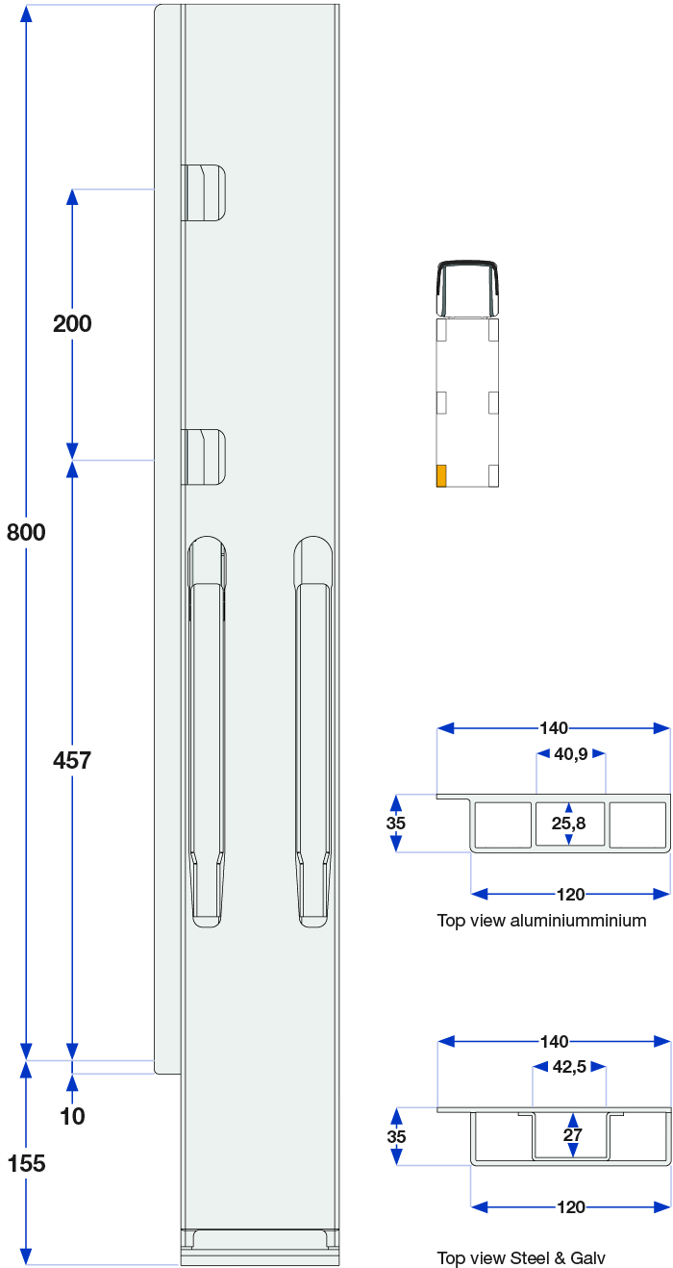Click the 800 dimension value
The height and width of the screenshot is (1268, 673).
tap(26, 533)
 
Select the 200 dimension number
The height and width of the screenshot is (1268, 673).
tap(72, 324)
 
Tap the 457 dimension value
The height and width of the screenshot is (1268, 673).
tap(72, 760)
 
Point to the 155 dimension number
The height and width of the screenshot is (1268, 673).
tap(26, 1164)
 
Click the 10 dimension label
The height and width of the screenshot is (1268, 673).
tap(72, 1116)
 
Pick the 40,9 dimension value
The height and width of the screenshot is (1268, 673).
tap(571, 754)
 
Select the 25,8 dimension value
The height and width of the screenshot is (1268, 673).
tap(568, 824)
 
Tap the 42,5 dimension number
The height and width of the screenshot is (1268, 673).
tap(569, 1067)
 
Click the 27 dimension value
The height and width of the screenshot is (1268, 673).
tap(572, 1135)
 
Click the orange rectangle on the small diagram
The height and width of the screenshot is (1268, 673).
tap(441, 475)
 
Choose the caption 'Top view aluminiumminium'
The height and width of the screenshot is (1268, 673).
tap(541, 921)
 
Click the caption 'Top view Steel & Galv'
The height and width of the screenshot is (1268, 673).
tap(521, 1257)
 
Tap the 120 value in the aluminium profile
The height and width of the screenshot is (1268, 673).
tap(570, 895)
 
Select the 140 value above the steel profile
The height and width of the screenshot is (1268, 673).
tap(554, 1042)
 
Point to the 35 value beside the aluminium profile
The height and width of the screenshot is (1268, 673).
tap(396, 824)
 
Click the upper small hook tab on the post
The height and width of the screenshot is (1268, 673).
tap(203, 192)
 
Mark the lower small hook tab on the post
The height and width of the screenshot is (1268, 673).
tap(203, 457)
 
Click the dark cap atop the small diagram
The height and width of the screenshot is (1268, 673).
tap(467, 288)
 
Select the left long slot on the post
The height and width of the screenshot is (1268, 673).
tap(207, 731)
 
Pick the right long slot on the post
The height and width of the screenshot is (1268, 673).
tap(312, 731)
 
